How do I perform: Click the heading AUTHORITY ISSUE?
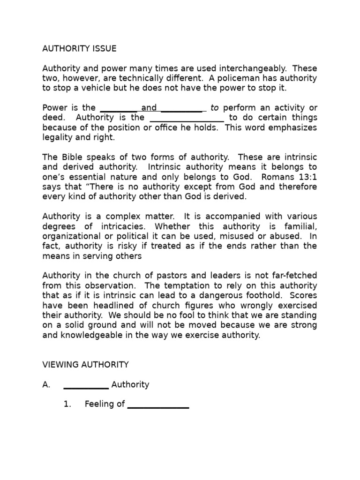(79, 48)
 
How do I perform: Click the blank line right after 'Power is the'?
(119, 109)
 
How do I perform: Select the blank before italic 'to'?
(183, 109)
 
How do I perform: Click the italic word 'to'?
(215, 108)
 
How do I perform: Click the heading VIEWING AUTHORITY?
(85, 364)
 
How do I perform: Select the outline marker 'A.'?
(46, 384)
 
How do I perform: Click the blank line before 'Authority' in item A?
(86, 385)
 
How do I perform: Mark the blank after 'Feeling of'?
(158, 405)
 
